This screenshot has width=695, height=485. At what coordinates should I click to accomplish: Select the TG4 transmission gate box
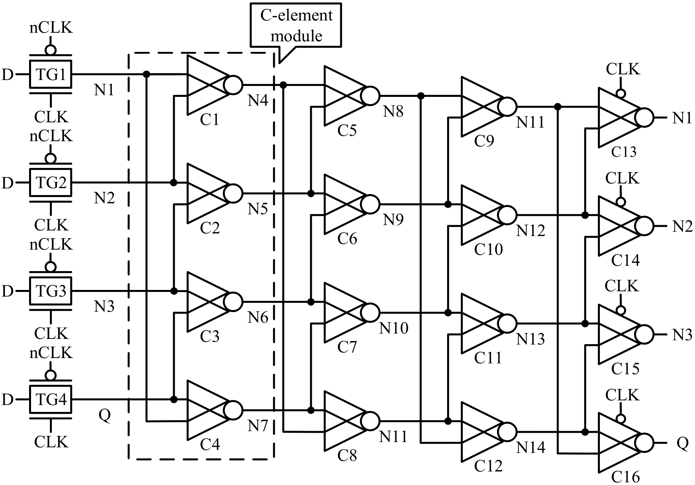(51, 400)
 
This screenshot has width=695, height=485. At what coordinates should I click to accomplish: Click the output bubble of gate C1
(233, 85)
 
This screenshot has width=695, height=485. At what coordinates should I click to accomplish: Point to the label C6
(347, 238)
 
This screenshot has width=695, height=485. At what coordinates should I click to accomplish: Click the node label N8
(393, 111)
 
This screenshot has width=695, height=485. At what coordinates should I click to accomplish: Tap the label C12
(488, 466)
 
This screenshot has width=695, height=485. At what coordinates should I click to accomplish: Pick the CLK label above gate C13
(623, 69)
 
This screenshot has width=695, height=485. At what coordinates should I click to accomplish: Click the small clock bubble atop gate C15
(621, 310)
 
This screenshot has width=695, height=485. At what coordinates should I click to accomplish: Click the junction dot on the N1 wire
(147, 74)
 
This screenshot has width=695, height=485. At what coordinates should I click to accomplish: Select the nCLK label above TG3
(51, 245)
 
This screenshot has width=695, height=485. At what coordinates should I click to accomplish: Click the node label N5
(258, 209)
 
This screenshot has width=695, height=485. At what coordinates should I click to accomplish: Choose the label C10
(488, 249)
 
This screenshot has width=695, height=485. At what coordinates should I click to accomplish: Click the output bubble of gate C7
(370, 312)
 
